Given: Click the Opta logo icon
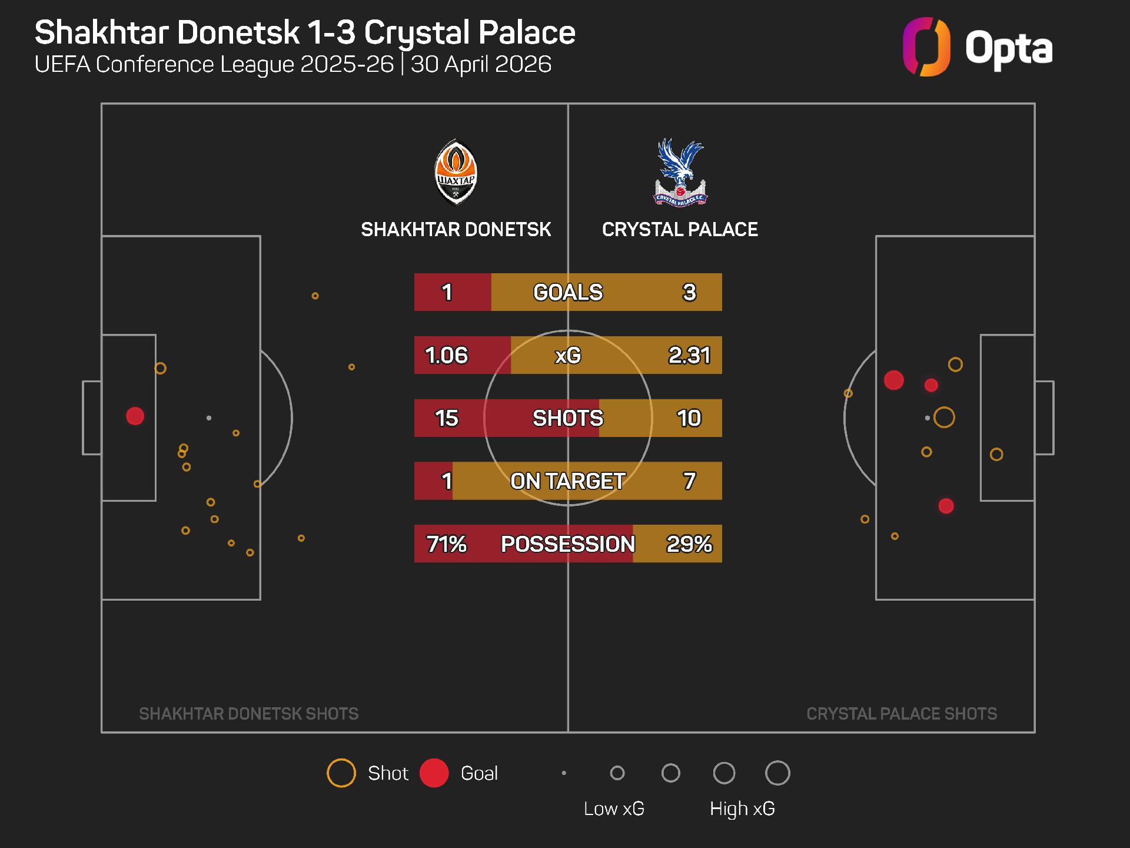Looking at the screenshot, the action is point(926,47).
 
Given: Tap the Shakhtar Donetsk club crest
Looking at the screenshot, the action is point(456,172).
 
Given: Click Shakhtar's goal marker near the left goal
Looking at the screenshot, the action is point(135,416).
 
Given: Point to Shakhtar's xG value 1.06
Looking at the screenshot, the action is point(447,355).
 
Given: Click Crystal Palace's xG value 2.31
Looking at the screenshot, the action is point(689,355).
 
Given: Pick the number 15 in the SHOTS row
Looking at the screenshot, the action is point(447,418).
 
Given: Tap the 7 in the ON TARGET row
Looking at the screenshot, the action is point(689,481).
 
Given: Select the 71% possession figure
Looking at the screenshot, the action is point(447,544).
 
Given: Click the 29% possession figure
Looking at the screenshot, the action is point(689,544).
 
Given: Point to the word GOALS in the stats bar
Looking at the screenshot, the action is point(568,292).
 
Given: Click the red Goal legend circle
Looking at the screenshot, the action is point(434,773).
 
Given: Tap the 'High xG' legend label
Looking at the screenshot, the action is point(742,809).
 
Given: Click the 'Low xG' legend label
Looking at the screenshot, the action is point(614,809).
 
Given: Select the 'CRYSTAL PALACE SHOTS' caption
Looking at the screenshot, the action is point(902,714).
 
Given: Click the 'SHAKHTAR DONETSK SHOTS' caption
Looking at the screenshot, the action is point(249,714).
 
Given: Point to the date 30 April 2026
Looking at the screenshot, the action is point(481,64).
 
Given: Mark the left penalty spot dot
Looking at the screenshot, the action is point(209,418).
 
